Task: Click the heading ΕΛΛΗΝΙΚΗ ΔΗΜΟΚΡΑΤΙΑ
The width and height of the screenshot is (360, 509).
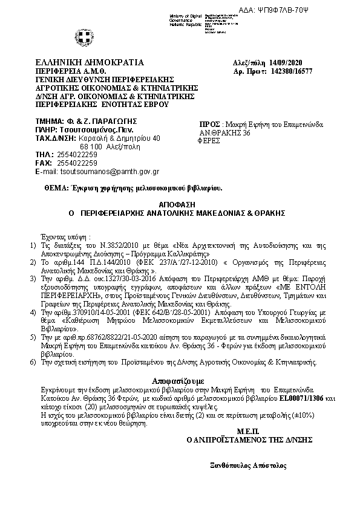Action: tap(90, 62)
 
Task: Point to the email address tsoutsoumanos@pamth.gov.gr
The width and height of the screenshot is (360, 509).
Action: tap(106, 172)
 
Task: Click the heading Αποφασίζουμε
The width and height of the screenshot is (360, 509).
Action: tap(180, 381)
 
